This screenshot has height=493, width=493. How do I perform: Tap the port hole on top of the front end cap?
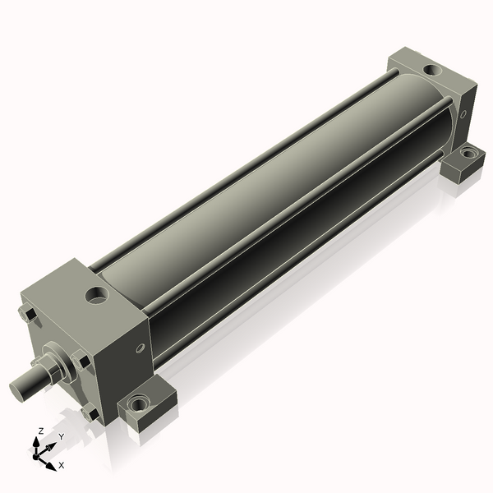[97, 296]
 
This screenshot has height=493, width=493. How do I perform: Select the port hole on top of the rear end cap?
[432, 70]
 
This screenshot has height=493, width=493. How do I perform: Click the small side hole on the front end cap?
[141, 348]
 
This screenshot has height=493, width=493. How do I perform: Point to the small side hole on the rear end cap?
[463, 114]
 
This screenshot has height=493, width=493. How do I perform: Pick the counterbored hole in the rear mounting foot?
[468, 154]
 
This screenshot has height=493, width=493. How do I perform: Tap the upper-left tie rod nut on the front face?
[27, 314]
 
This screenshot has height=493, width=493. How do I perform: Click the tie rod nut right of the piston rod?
[81, 361]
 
